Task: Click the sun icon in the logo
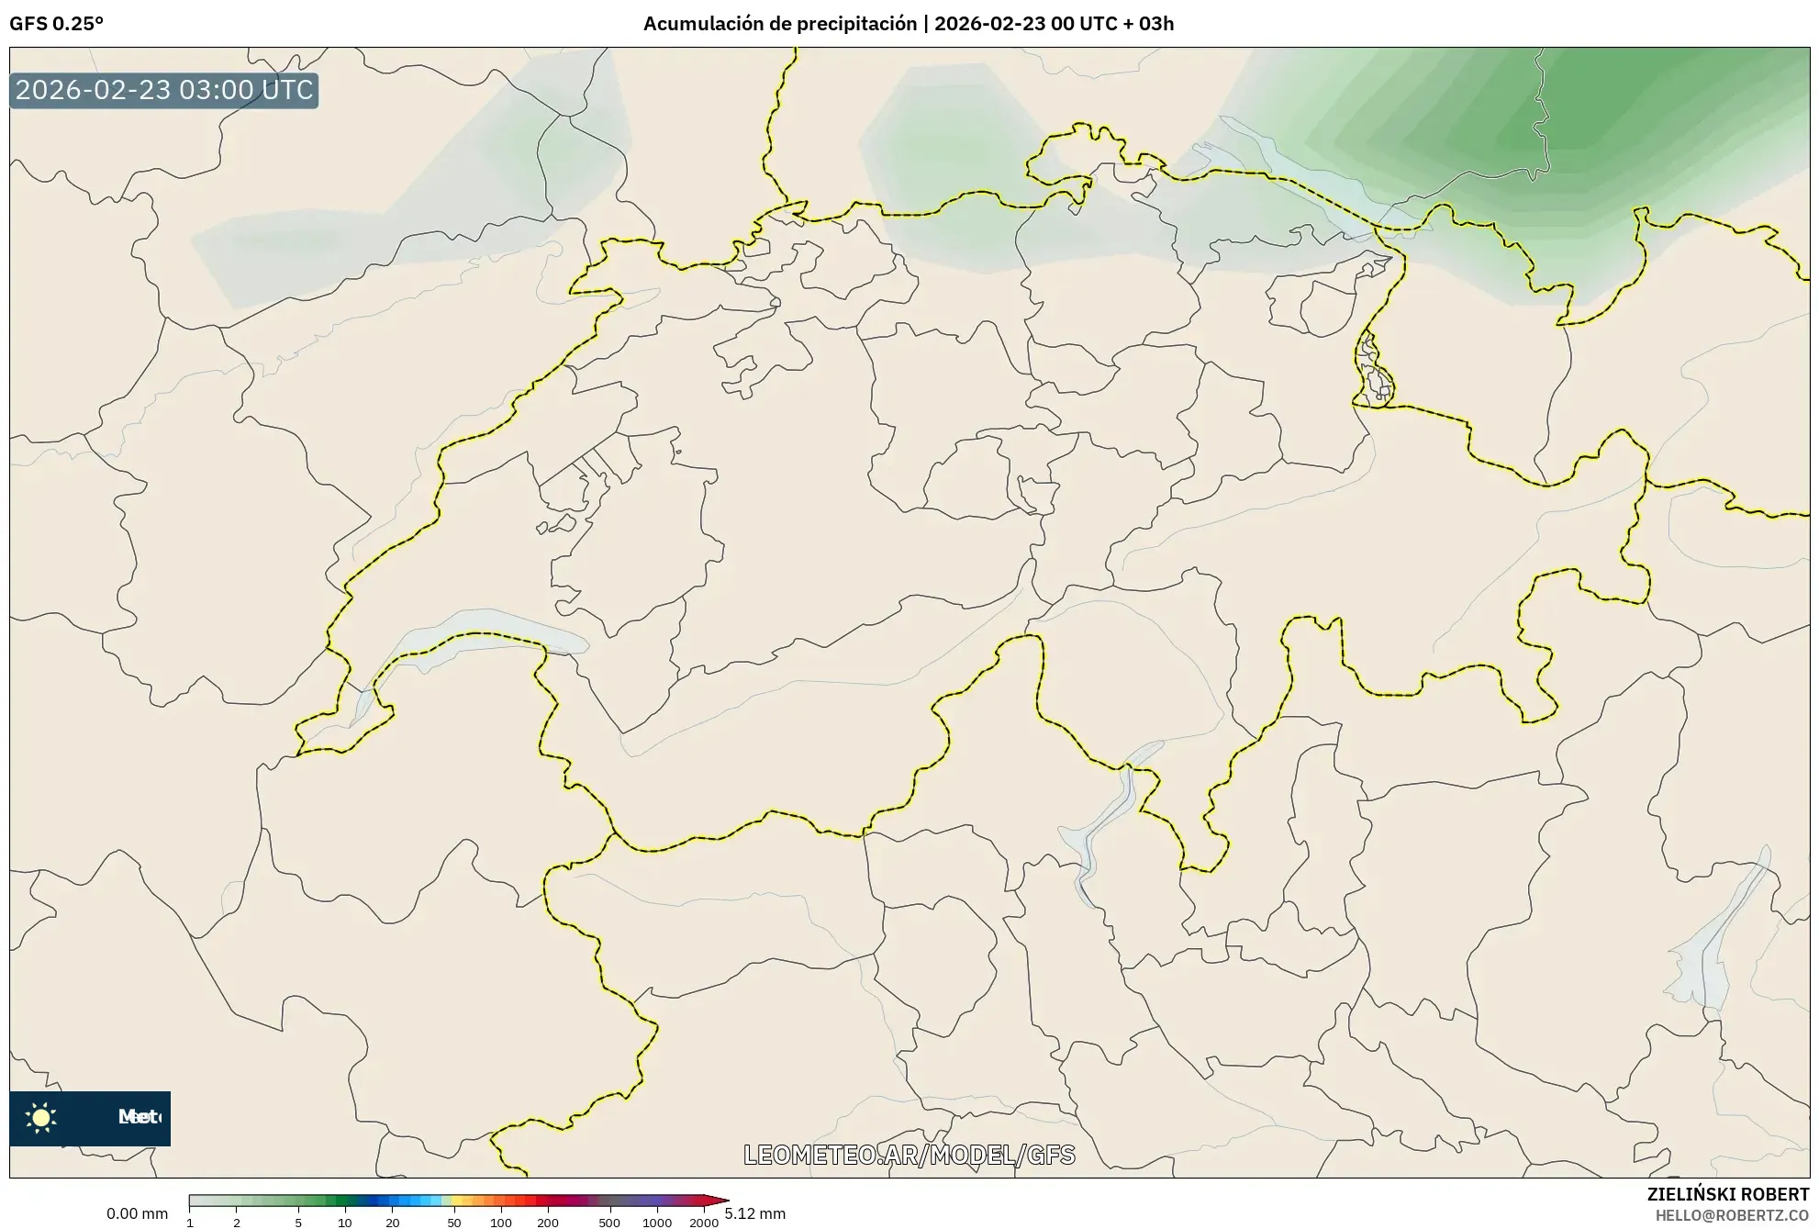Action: click(41, 1117)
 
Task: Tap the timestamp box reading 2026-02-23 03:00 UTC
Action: click(164, 90)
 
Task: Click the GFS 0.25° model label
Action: click(56, 24)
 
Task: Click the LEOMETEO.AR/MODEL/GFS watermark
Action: click(909, 1155)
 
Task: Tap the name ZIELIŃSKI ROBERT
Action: click(1728, 1194)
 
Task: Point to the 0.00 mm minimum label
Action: click(137, 1213)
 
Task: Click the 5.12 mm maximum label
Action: click(754, 1213)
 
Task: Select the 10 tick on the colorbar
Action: click(345, 1223)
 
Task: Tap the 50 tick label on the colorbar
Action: click(453, 1223)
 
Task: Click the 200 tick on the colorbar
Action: click(548, 1223)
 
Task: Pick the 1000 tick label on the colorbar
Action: click(657, 1223)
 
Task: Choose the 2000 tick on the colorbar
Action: click(704, 1223)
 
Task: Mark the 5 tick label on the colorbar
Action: click(298, 1223)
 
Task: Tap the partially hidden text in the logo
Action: click(139, 1117)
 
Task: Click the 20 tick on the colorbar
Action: click(393, 1223)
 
